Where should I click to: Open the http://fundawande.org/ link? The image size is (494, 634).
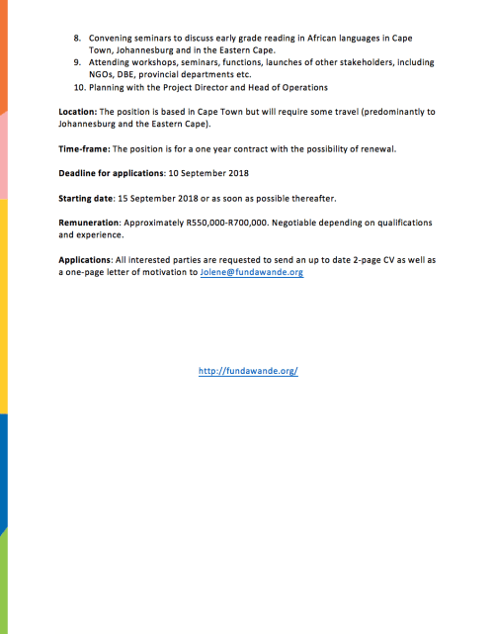pyautogui.click(x=248, y=371)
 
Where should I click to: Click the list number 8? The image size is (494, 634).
pyautogui.click(x=78, y=38)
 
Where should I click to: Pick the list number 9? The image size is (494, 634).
pyautogui.click(x=78, y=62)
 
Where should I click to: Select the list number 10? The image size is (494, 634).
pyautogui.click(x=80, y=87)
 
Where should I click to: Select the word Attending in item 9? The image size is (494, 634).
pyautogui.click(x=109, y=62)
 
